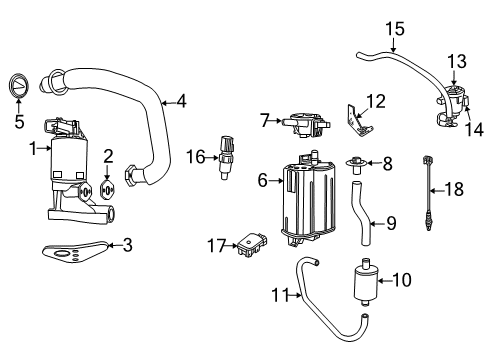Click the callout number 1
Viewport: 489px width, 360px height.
(x=34, y=149)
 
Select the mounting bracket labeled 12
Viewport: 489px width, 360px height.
(x=457, y=62)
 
